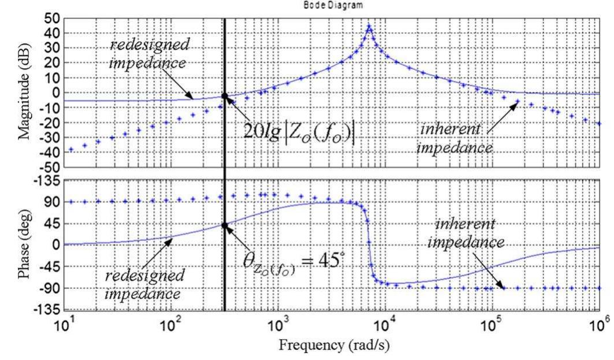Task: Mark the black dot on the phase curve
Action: coord(224,225)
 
